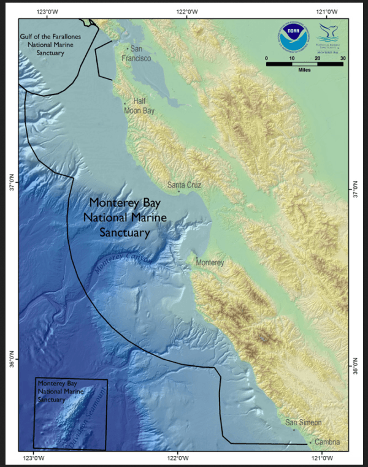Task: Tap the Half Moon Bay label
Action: coord(139,106)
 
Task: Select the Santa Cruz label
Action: coord(184,184)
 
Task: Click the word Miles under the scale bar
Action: coord(304,70)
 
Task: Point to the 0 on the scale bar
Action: coord(267,58)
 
